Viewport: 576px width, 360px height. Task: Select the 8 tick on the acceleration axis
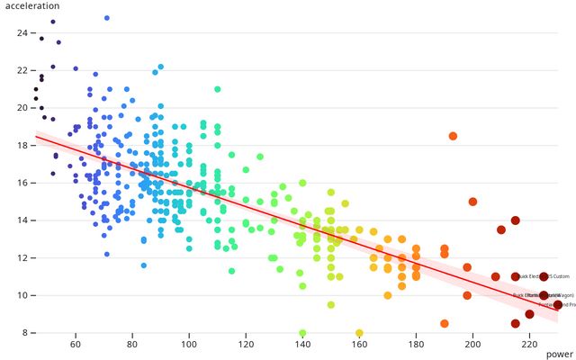24,333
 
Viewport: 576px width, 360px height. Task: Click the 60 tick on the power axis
76,345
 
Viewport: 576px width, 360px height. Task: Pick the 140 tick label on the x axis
302,345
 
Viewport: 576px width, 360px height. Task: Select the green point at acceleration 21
218,89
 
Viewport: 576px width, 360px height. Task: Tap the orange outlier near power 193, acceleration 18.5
453,136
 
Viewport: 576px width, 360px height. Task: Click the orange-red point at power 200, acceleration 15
472,202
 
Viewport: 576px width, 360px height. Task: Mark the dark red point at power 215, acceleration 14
516,220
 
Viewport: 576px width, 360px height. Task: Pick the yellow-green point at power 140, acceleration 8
302,333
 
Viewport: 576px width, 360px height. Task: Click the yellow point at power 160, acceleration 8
359,333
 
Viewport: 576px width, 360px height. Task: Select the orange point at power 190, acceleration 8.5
445,323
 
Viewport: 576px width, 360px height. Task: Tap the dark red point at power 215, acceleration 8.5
516,323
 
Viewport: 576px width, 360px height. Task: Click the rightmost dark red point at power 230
558,305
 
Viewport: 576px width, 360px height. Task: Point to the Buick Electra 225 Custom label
545,276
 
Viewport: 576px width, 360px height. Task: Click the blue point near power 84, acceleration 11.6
144,265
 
